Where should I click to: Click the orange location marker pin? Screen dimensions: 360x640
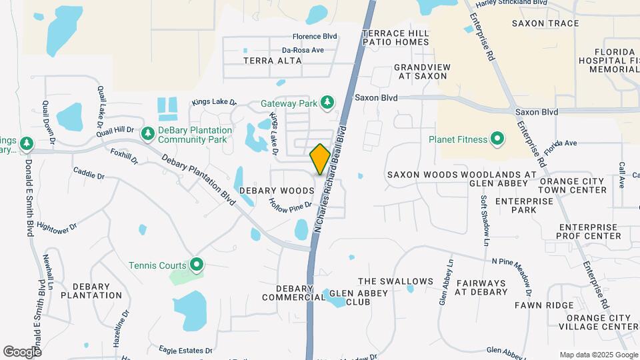pos(320,159)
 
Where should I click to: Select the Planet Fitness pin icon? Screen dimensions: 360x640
pos(497,139)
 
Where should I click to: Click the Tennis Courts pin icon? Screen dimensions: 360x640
pos(196,265)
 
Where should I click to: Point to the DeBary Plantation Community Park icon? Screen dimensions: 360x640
pos(147,135)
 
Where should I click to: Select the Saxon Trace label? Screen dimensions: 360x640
pos(545,23)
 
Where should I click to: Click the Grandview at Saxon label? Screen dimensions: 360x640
pos(422,71)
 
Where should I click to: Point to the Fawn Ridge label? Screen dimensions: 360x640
pos(544,305)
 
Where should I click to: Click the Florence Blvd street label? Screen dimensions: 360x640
pos(315,37)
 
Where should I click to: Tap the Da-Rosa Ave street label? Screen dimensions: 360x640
pos(303,50)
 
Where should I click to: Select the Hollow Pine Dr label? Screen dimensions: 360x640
pos(291,205)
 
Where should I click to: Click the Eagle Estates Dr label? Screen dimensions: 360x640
pos(185,349)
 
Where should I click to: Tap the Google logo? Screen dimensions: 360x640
pos(22,351)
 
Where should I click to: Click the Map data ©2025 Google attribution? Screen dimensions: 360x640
pos(598,355)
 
